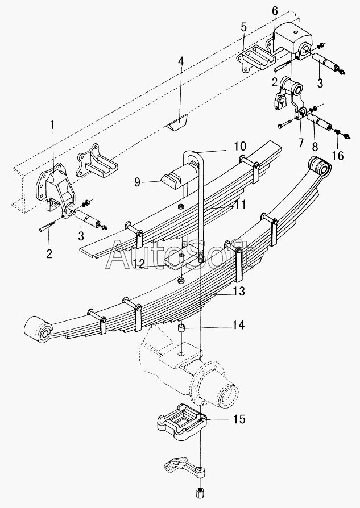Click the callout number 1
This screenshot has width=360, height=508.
pos(52,125)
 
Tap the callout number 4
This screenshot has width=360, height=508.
pos(181,61)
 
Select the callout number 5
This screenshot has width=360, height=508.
pos(243,28)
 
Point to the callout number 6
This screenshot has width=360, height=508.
pos(275,11)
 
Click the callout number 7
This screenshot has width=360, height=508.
pos(301,142)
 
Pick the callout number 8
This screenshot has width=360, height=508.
pos(315,147)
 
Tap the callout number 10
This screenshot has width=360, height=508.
pos(240,147)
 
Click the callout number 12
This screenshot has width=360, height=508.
pos(139,263)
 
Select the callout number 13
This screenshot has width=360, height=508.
pos(239,292)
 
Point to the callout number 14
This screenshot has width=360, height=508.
pos(238,325)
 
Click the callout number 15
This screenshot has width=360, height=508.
pos(239,419)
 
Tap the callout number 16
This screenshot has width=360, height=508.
pos(338,156)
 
